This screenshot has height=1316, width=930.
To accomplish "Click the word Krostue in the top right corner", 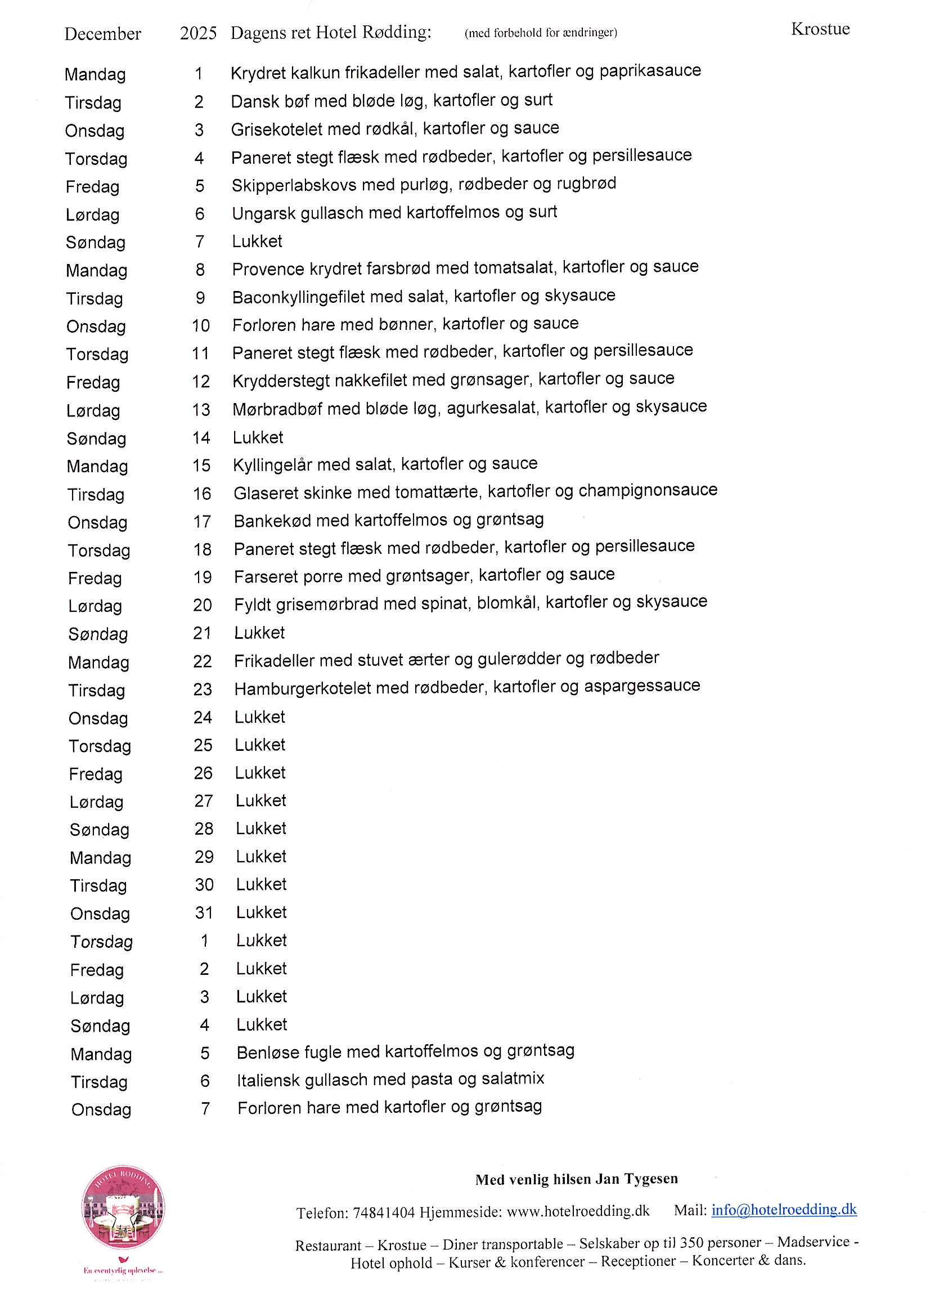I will tap(820, 29).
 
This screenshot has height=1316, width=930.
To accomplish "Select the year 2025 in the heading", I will tap(198, 33).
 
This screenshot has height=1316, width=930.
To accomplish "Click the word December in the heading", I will tap(102, 34).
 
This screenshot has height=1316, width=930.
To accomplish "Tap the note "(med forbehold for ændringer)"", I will tap(540, 33).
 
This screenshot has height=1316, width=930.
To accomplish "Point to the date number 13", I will tap(201, 410).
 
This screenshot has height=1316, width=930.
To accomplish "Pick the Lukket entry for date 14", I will tap(258, 437).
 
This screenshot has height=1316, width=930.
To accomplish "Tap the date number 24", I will tap(203, 717).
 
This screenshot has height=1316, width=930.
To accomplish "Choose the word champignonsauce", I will tap(648, 490).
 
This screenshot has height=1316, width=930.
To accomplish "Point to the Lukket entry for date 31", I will tap(261, 912).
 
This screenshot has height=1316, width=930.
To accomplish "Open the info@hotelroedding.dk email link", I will tap(783, 1210).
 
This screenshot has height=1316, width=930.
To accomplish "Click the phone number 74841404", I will tap(383, 1212).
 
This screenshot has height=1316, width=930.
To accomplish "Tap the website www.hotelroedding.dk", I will tap(578, 1211).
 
